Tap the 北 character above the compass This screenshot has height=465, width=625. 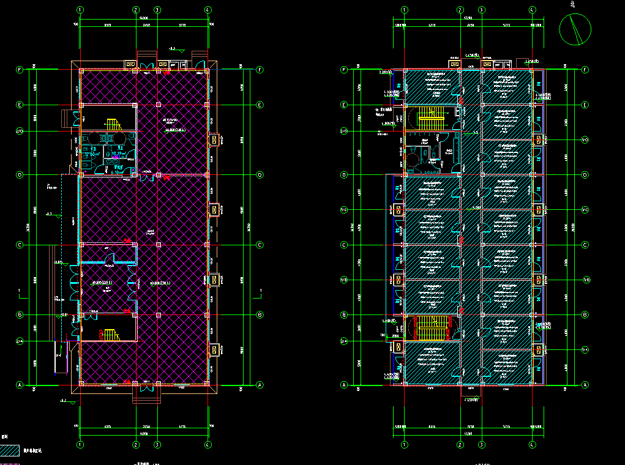click(573, 4)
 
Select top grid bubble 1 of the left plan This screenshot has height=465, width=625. click(80, 10)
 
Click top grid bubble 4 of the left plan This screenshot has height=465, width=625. click(209, 10)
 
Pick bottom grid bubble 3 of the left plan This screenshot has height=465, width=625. click(157, 445)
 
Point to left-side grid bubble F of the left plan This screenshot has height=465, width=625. click(20, 70)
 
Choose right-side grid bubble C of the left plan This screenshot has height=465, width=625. click(260, 245)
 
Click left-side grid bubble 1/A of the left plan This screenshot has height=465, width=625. click(20, 341)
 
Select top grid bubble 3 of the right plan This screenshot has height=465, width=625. click(482, 10)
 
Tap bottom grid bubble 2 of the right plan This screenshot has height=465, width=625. click(460, 445)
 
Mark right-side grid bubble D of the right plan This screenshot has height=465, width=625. click(585, 175)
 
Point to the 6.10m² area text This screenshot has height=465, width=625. click(118, 172)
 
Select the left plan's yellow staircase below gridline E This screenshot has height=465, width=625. click(112, 124)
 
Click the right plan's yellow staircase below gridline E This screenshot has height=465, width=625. click(432, 117)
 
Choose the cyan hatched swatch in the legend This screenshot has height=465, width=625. click(10, 452)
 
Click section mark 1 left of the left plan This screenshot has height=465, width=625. click(20, 289)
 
